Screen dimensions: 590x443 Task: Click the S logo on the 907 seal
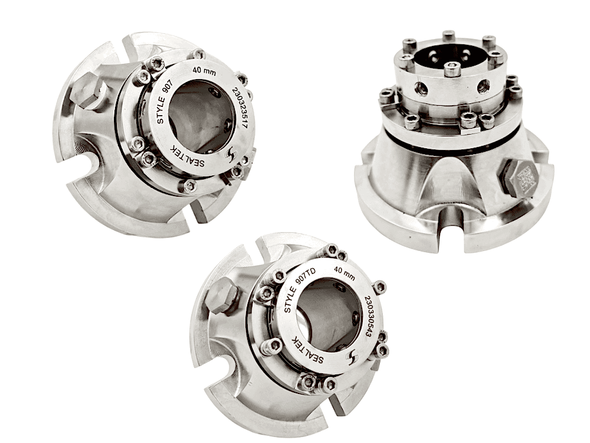pyautogui.click(x=230, y=154)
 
